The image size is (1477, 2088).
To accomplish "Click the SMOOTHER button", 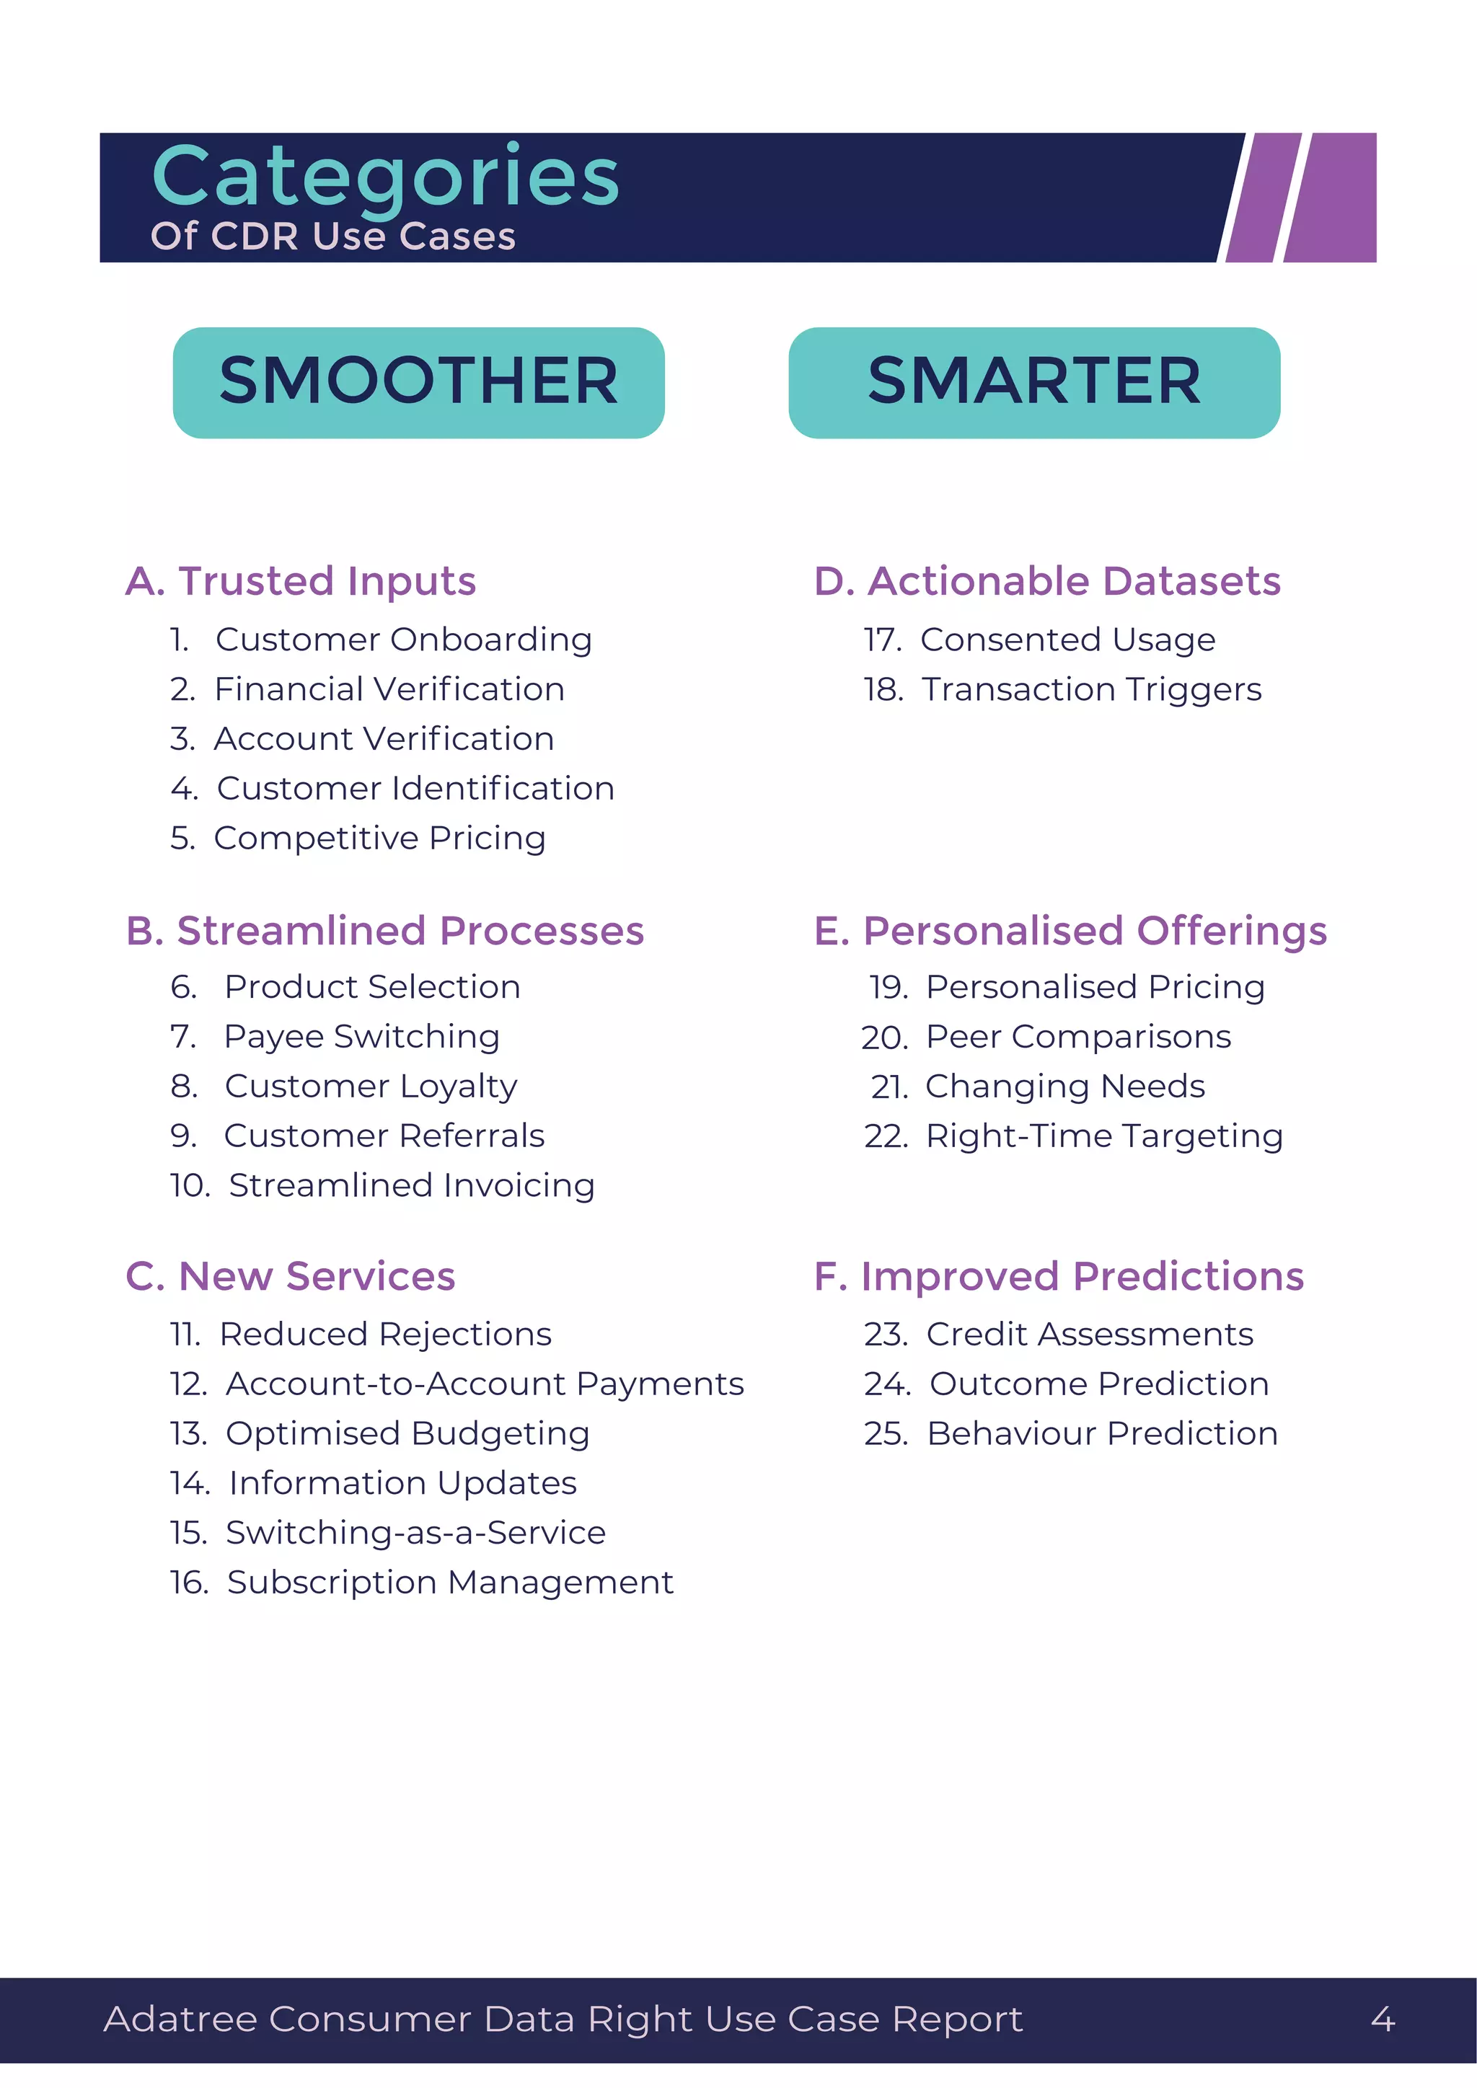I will pos(418,382).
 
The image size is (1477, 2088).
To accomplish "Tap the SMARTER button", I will pos(1034,382).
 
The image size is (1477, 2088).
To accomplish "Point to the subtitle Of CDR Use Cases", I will pos(333,236).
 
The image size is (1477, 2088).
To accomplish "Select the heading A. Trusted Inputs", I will pos(300,581).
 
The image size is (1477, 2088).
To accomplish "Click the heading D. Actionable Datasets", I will pos(1047,581).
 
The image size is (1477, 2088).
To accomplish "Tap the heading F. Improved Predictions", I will pos(1059,1276).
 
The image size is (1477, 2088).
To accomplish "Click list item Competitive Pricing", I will pos(379,838).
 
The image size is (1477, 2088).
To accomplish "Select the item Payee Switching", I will pos(362,1037).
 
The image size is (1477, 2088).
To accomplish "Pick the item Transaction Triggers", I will pos(1091,689).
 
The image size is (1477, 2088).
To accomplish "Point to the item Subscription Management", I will pos(450,1583).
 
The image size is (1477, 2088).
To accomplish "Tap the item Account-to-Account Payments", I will pos(485,1384).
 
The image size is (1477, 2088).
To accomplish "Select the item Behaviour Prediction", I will pos(1102,1433).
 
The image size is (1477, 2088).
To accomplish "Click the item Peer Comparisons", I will pos(1077,1037).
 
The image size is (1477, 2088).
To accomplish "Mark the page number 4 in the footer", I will pos(1383,2020).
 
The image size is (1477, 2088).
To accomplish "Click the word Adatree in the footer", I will pos(180,2020).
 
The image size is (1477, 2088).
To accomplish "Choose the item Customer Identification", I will pos(415,789).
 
